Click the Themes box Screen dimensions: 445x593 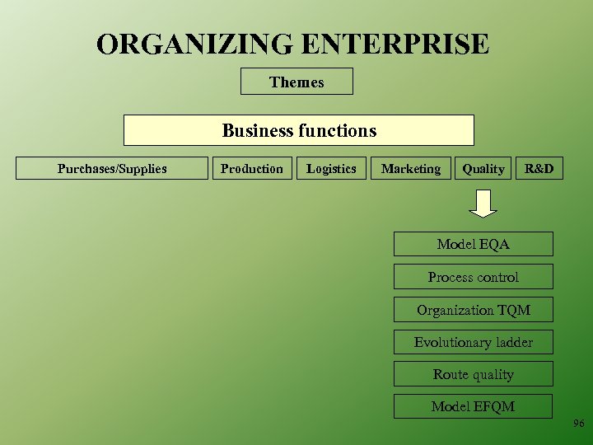click(296, 82)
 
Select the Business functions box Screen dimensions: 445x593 click(299, 130)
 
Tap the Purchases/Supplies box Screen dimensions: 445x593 click(112, 169)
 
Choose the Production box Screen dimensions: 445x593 click(251, 169)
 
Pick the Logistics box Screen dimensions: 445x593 click(331, 169)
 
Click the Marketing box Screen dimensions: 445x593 click(411, 169)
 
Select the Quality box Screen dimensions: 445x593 click(483, 169)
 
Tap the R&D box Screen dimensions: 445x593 click(539, 169)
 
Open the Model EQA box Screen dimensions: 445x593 click(474, 244)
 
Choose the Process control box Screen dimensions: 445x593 click(474, 277)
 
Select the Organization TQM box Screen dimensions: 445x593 click(474, 310)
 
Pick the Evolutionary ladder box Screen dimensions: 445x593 click(474, 342)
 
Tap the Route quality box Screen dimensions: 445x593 click(474, 374)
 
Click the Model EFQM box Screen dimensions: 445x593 click(474, 406)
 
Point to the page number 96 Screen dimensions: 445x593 click(578, 424)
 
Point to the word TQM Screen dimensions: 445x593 click(513, 311)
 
